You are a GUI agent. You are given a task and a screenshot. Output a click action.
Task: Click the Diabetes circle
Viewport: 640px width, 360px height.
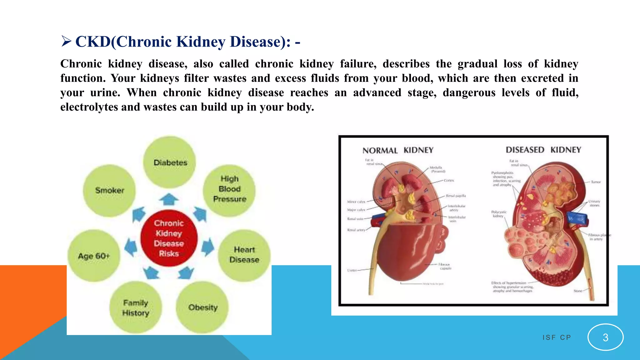coord(170,162)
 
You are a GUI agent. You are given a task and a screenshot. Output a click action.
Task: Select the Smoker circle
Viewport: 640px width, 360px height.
coord(109,190)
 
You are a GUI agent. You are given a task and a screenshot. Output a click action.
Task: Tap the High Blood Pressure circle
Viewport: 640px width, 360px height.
coord(229,189)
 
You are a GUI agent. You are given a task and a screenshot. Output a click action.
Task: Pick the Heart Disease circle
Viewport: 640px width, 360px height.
coord(244,255)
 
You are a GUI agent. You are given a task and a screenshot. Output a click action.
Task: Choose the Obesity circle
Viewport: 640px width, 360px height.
coord(202,307)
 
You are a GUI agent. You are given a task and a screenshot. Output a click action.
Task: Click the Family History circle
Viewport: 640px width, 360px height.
coord(136,307)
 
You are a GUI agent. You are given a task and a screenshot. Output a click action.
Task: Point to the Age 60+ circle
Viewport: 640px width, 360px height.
coord(94,256)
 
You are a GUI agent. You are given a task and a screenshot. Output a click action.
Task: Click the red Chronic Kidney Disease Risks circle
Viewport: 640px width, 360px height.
coord(169,238)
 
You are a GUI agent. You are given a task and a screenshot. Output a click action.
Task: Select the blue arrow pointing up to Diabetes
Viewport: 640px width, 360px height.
coord(169,199)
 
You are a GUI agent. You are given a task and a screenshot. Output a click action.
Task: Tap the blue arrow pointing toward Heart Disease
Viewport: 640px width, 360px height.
coord(207,247)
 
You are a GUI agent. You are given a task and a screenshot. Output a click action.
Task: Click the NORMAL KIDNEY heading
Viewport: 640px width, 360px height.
coord(398,150)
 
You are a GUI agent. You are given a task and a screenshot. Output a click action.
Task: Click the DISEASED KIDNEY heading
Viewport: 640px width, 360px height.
coord(543,150)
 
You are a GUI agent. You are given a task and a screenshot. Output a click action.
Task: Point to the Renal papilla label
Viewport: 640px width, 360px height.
coord(456,196)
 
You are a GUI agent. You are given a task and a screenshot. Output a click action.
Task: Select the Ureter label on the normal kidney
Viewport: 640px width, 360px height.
coord(352,270)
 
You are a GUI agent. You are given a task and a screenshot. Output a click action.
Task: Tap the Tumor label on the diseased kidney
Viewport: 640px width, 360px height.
coord(596,182)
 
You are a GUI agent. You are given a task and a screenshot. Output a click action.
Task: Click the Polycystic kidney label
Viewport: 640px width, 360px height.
coord(499,214)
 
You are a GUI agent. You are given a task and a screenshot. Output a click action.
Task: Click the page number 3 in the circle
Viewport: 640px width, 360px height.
coord(605,337)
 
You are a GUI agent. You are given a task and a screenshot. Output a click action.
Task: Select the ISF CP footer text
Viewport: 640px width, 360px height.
coord(557,337)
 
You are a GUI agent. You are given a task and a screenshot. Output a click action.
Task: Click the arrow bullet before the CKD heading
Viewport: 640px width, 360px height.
coord(66,41)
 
